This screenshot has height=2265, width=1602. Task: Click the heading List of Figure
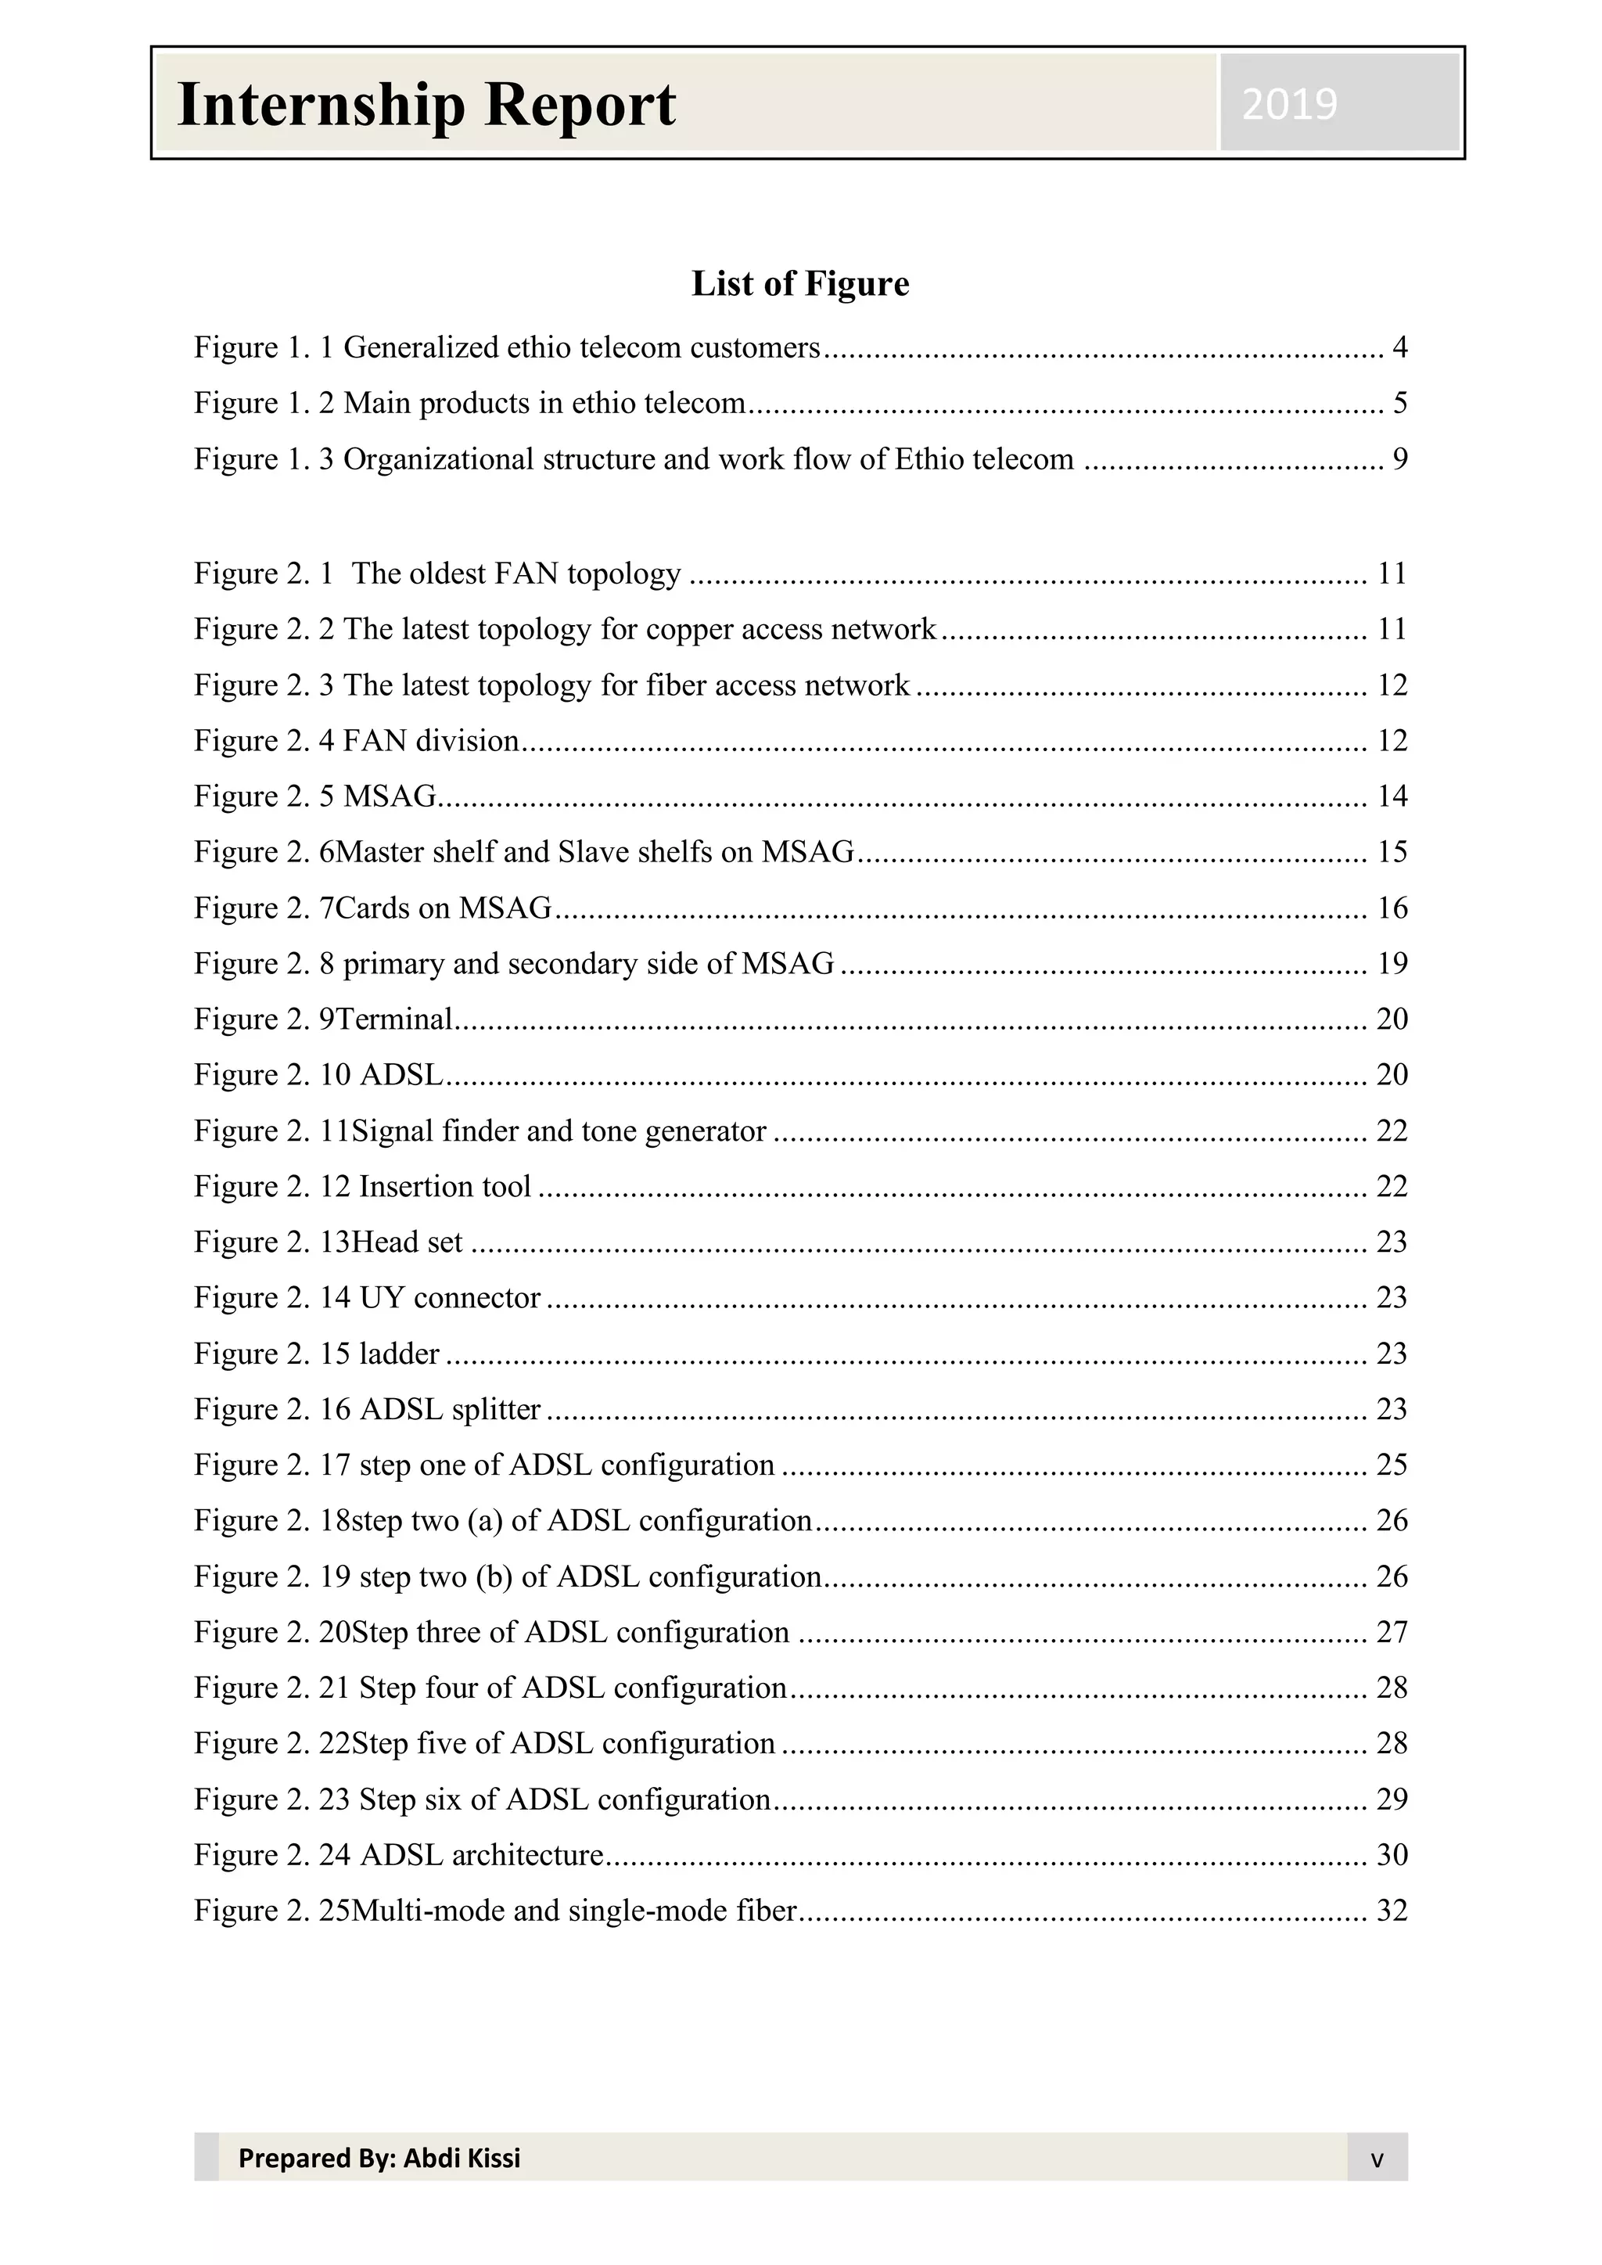click(800, 284)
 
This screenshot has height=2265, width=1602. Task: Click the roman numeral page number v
click(1376, 2159)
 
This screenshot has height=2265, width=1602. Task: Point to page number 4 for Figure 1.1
click(1399, 347)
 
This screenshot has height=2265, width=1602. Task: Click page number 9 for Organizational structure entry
click(1399, 460)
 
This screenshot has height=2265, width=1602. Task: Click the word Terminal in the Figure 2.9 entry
click(393, 1019)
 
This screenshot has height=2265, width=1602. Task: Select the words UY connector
click(450, 1298)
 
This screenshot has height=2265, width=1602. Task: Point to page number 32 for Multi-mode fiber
click(1391, 1911)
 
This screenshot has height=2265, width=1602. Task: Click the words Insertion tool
click(445, 1187)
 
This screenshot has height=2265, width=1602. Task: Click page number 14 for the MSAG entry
click(1391, 796)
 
